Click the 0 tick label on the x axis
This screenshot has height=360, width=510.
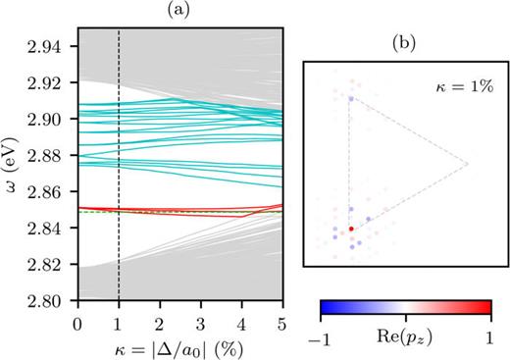tap(77, 323)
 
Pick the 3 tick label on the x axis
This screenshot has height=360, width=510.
tap(200, 323)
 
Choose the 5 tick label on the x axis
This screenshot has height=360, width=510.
tap(281, 323)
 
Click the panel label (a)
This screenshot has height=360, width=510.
tap(179, 11)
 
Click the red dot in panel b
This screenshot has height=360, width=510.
tap(351, 229)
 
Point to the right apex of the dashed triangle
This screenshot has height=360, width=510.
tap(468, 163)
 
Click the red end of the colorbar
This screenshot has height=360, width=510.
tap(484, 309)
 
